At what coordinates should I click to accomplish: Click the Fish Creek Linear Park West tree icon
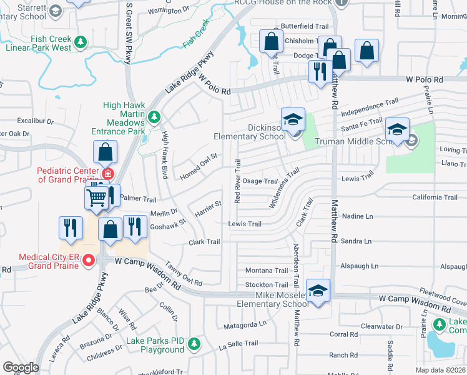coord(80,42)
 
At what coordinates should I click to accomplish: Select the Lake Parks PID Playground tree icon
coord(194,343)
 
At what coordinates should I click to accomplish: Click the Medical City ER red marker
coord(89,261)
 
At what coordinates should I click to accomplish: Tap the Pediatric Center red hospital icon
coord(108,173)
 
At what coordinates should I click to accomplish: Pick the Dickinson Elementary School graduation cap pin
coord(292,120)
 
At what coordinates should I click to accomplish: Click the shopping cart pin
coord(97,198)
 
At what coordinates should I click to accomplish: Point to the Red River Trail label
coord(237,181)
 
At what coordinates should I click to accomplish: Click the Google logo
coord(21,367)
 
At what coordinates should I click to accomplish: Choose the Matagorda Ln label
coord(245,324)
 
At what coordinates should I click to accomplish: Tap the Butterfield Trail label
coord(304,26)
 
